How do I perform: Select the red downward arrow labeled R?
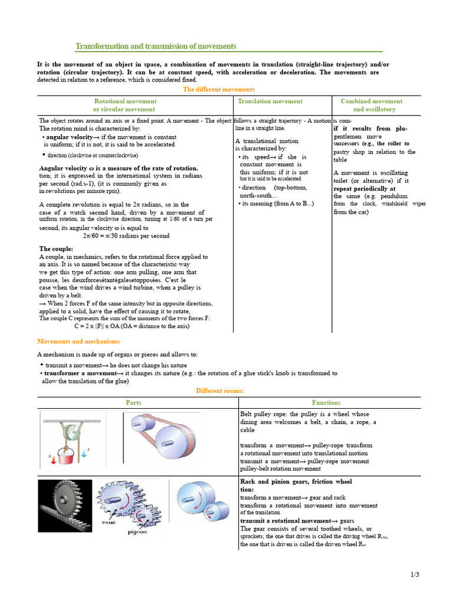tap(53, 458)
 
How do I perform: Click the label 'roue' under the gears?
tap(108, 521)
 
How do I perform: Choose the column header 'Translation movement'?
tap(270, 101)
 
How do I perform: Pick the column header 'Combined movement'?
tap(372, 101)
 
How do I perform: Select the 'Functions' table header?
tap(326, 402)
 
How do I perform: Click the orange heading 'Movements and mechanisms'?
tap(78, 341)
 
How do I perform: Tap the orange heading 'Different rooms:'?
tap(219, 390)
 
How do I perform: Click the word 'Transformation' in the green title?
tap(104, 46)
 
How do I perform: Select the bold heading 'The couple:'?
tap(56, 248)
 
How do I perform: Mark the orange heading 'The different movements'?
tap(219, 89)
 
